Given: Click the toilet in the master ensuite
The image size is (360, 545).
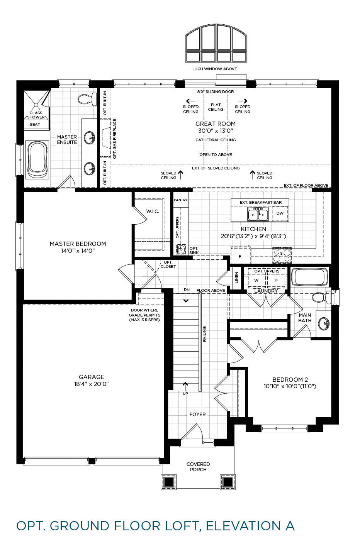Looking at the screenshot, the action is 87,99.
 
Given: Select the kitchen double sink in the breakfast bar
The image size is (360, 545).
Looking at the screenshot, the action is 258,214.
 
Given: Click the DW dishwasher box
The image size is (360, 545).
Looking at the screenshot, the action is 280,213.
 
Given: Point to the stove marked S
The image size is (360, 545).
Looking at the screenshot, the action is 282,255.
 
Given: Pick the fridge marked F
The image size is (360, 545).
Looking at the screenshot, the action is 240,256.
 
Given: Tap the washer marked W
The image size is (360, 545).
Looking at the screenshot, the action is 256,280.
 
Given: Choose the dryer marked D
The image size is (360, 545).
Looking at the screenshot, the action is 276,280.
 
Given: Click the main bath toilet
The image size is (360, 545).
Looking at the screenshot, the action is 321,297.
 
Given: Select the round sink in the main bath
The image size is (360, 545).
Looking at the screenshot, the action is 324,323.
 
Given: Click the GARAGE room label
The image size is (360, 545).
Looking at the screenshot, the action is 92,377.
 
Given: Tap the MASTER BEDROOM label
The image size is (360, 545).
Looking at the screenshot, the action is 78,244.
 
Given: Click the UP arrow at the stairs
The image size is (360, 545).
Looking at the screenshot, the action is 185,386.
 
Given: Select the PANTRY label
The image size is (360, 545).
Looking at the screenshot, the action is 181,200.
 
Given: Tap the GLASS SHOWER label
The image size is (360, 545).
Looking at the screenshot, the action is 36,115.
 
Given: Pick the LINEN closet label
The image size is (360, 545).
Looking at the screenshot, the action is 237,278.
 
